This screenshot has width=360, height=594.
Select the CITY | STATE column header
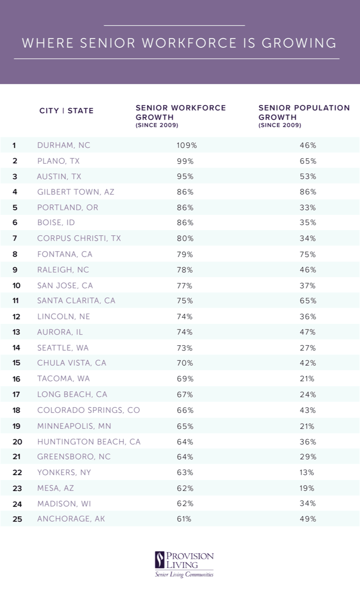pos(66,110)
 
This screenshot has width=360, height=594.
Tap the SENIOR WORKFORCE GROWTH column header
pos(180,116)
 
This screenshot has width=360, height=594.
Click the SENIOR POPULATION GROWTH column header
pos(304,116)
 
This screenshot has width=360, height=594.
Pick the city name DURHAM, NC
pos(64,145)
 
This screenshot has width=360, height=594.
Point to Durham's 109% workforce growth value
pos(186,145)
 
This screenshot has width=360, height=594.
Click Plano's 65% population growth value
pos(308,161)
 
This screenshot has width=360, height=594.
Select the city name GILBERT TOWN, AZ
pos(76,192)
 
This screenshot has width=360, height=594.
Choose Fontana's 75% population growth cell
pos(308,254)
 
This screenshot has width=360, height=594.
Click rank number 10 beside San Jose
pos(16,285)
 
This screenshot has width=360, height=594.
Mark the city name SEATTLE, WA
pos(63,348)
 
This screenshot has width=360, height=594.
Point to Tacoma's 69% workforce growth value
pos(185,379)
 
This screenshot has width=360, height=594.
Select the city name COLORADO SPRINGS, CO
pos(88,410)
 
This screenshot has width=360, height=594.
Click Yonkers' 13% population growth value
pos(307,472)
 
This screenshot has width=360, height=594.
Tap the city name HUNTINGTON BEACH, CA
pos(89,441)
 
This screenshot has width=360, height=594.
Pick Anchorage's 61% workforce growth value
pos(184,519)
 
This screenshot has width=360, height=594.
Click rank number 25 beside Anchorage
pos(17,519)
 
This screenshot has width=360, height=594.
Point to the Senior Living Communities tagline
pos(184,575)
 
